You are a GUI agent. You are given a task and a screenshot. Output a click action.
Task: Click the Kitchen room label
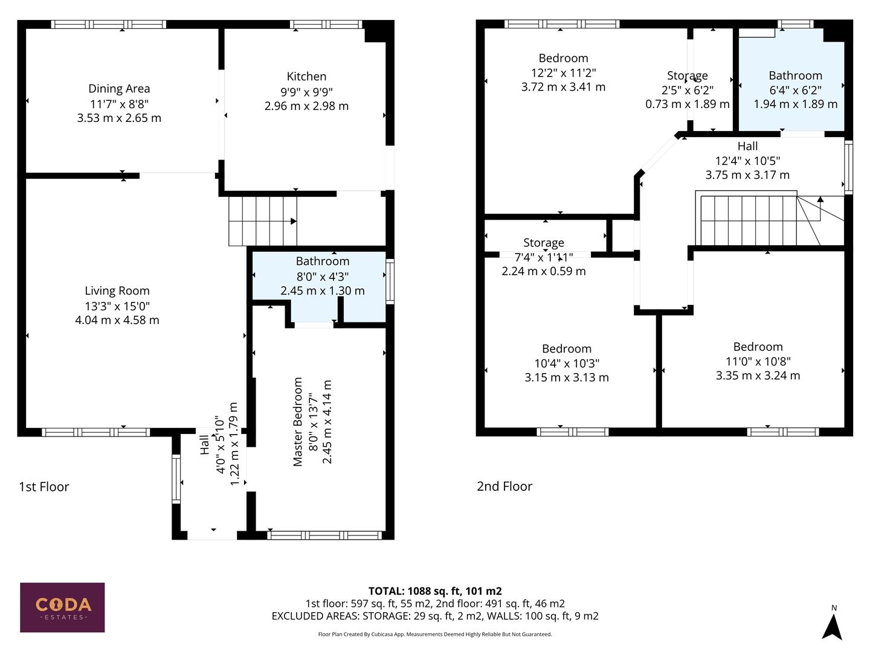click(x=306, y=77)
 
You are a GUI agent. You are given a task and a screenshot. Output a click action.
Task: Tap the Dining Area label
click(x=119, y=89)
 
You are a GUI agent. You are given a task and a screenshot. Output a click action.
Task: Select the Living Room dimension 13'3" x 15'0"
click(x=117, y=306)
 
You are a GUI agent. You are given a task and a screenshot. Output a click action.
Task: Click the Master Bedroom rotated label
click(x=297, y=421)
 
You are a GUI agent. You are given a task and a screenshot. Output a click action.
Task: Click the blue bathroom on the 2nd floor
click(x=794, y=91)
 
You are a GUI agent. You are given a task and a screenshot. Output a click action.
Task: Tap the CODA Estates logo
click(x=62, y=607)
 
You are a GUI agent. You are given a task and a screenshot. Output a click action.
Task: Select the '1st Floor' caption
click(x=44, y=487)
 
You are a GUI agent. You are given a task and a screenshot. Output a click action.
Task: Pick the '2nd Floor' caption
click(x=504, y=486)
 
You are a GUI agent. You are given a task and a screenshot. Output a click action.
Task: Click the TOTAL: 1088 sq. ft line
click(x=435, y=591)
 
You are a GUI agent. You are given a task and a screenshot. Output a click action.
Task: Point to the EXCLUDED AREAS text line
click(x=435, y=616)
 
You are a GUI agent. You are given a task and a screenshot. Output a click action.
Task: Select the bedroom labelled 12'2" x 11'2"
click(x=563, y=72)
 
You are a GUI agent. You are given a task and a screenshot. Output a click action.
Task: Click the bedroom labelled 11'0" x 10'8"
click(x=758, y=361)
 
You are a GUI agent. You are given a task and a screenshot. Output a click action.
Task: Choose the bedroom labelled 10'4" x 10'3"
click(x=566, y=363)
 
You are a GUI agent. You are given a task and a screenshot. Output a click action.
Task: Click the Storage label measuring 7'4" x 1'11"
click(x=544, y=257)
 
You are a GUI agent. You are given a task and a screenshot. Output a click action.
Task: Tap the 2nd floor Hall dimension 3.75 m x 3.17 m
click(x=747, y=175)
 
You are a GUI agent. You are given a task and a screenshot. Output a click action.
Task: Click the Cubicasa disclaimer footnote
click(x=435, y=634)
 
